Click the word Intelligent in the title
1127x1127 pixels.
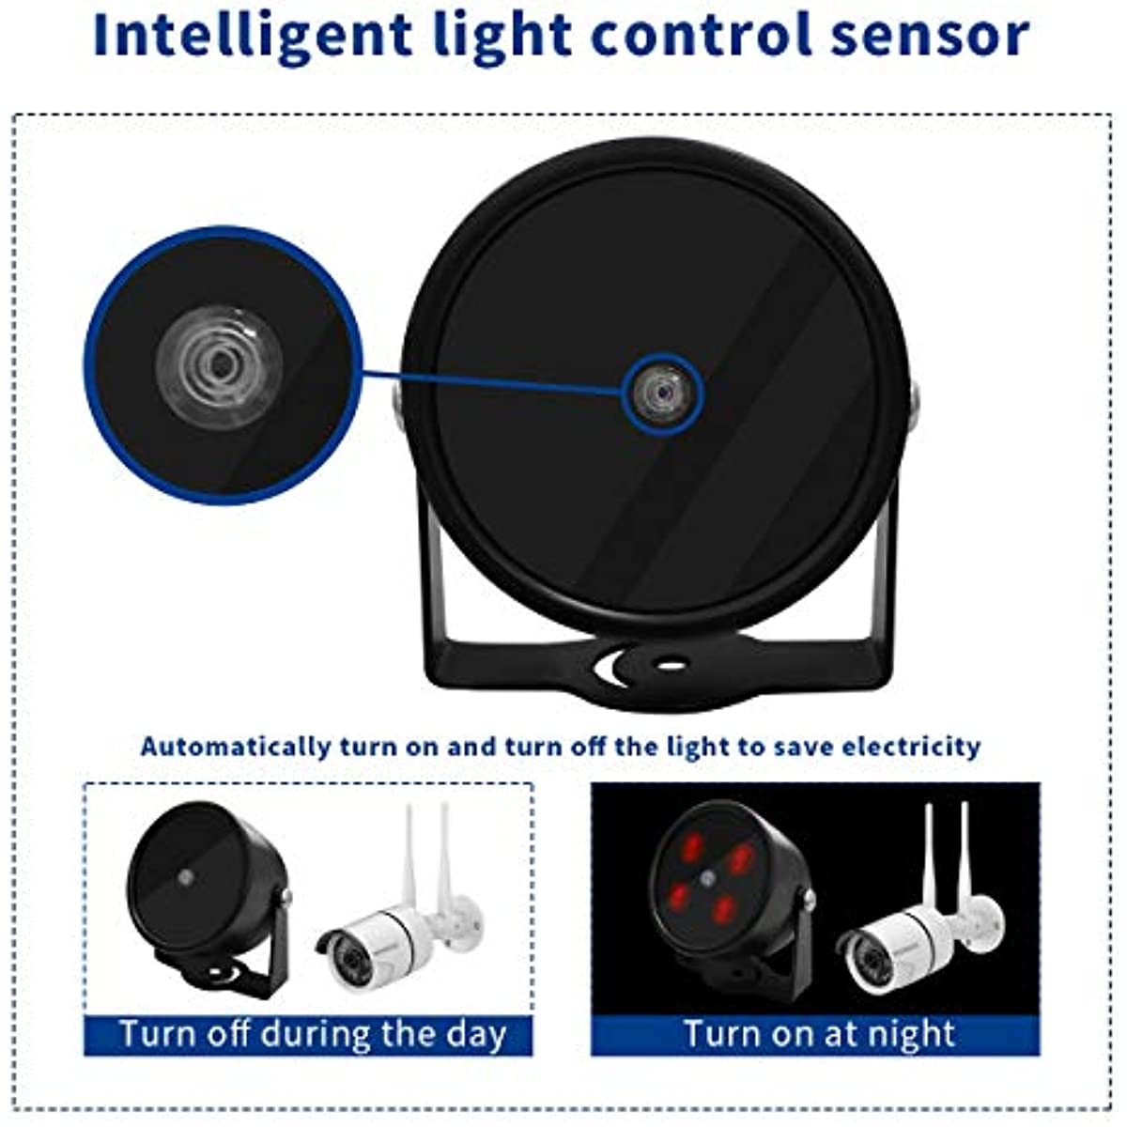252,36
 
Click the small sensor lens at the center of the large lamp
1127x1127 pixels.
663,391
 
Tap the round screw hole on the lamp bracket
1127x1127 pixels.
670,664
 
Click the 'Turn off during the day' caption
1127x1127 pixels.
312,1034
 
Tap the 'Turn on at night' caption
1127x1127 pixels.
817,1034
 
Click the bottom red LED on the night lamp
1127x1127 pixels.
723,909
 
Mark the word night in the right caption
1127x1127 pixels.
910,1034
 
